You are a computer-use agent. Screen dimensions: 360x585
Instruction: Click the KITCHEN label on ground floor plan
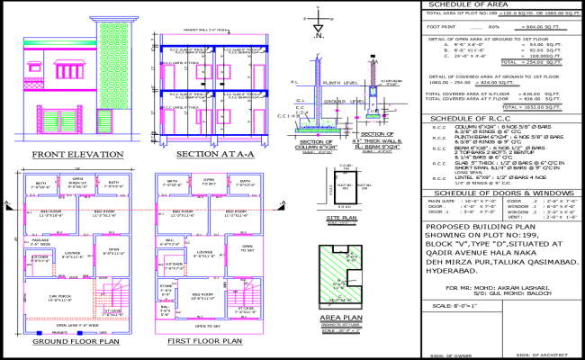pos(40,257)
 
